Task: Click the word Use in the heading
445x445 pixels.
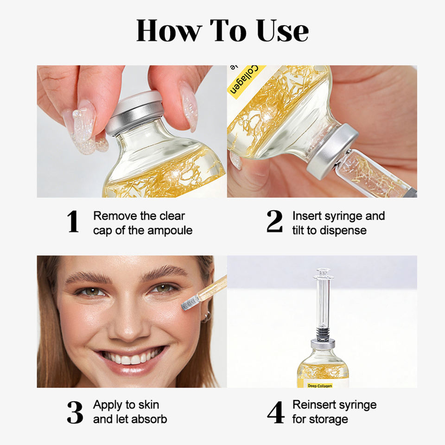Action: pos(282,31)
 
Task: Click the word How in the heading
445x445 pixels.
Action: pos(169,31)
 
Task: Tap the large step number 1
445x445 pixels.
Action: pos(73,222)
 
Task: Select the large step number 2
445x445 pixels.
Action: pos(274,222)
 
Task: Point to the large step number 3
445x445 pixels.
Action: pos(75,412)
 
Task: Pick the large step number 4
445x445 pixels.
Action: pos(275,412)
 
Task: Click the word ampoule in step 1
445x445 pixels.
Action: pos(170,231)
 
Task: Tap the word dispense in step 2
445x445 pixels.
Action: pos(343,231)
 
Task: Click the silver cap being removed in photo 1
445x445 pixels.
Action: pos(135,112)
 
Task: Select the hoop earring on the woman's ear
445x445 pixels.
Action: pos(207,317)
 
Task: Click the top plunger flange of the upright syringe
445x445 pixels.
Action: pos(323,272)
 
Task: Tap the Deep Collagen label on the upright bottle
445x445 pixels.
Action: pos(320,386)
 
